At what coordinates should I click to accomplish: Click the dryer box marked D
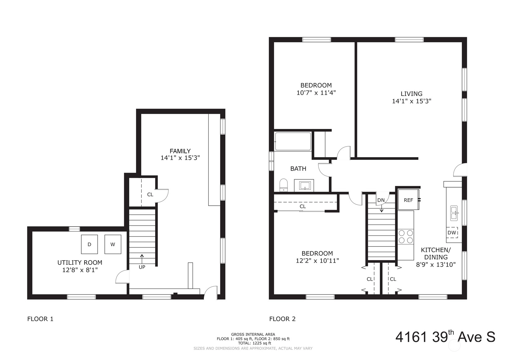tap(89, 244)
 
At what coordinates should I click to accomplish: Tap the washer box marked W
tap(113, 244)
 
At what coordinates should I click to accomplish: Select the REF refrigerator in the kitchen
tap(408, 200)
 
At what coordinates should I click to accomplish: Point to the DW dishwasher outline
tap(452, 233)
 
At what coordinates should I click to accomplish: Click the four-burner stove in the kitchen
tap(405, 237)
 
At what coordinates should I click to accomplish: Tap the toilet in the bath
tap(283, 185)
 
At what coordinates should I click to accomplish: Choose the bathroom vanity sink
tap(304, 185)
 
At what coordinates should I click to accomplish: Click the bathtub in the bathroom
tap(293, 141)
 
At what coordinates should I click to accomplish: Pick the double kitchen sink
tap(454, 213)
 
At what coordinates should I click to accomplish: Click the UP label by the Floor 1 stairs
tap(142, 267)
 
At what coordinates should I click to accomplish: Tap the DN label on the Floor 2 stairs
tap(381, 200)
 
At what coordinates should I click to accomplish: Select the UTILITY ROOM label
tap(80, 263)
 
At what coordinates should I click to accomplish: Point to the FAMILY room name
tap(180, 151)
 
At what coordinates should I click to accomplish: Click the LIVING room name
tap(412, 94)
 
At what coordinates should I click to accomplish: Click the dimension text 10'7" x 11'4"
tap(316, 93)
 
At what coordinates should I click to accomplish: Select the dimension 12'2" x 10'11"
tap(317, 261)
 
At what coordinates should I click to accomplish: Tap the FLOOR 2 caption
tap(282, 319)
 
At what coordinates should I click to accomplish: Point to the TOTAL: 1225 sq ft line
tap(255, 343)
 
